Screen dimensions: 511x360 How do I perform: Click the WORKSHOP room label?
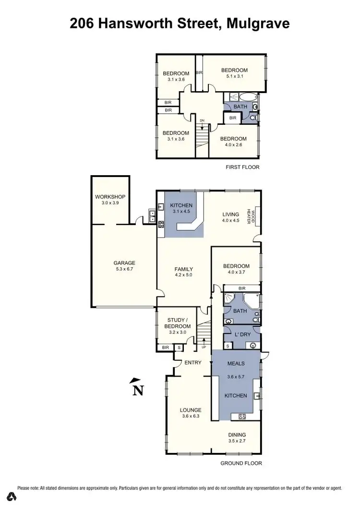(110, 197)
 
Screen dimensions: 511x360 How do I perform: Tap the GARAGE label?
(124, 262)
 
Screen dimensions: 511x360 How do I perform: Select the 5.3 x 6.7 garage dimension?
(124, 269)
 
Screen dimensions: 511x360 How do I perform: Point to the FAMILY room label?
(183, 269)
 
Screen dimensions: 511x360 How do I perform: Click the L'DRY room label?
(240, 333)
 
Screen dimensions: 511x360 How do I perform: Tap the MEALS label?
(236, 363)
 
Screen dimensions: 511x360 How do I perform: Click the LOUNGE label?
(191, 410)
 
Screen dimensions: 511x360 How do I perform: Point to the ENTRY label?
(193, 362)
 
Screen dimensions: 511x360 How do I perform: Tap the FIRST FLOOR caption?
(242, 167)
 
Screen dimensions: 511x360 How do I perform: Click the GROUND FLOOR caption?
(241, 463)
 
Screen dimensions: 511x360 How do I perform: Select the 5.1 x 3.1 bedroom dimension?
(234, 76)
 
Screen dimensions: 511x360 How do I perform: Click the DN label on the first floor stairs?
(202, 120)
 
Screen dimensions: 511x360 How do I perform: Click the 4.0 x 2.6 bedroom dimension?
(234, 145)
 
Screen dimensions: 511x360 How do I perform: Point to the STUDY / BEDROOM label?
(179, 323)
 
